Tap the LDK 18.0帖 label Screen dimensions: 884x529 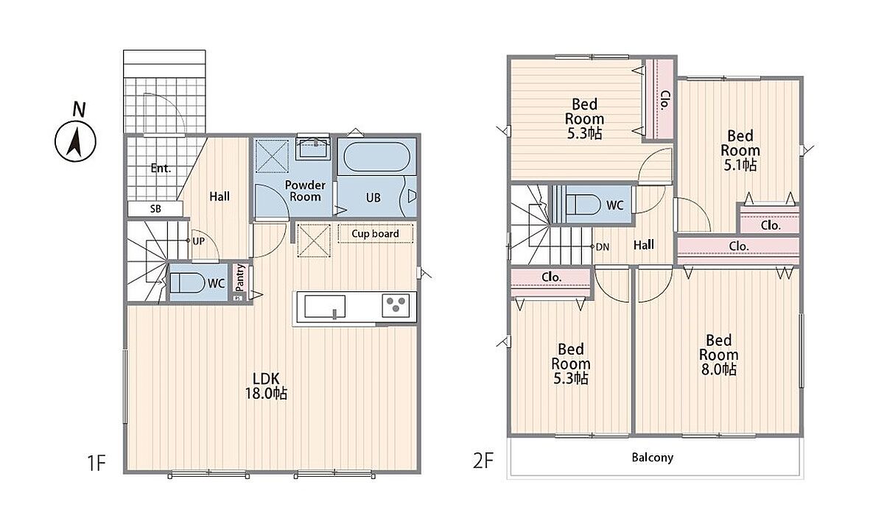pyautogui.click(x=267, y=386)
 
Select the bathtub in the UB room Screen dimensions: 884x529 pyautogui.click(x=377, y=157)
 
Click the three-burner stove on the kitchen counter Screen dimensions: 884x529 pyautogui.click(x=396, y=305)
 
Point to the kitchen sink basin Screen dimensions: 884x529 pyautogui.click(x=325, y=306)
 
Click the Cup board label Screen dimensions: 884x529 pyautogui.click(x=375, y=234)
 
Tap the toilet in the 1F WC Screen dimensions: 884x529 pyautogui.click(x=187, y=283)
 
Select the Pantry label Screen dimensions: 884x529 pyautogui.click(x=240, y=278)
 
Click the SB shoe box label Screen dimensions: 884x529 pyautogui.click(x=155, y=209)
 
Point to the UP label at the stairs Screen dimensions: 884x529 pyautogui.click(x=198, y=241)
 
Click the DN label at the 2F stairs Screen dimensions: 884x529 pyautogui.click(x=603, y=247)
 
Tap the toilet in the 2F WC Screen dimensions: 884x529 pyautogui.click(x=583, y=205)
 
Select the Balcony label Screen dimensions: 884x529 pyautogui.click(x=653, y=457)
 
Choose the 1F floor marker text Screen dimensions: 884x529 pyautogui.click(x=97, y=463)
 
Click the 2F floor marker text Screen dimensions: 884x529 pyautogui.click(x=483, y=461)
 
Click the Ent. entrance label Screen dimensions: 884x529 pyautogui.click(x=161, y=168)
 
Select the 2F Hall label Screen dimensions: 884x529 pyautogui.click(x=644, y=245)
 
